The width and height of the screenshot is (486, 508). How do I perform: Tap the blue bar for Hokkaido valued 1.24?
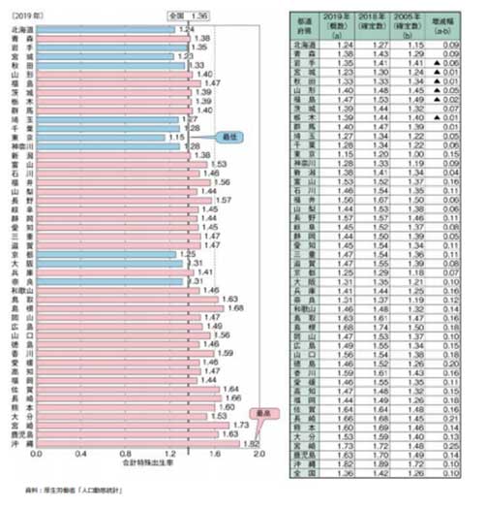tap(102, 29)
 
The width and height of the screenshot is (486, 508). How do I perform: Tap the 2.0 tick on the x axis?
tap(258, 453)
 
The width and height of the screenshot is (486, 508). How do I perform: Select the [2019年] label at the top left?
tap(23, 16)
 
